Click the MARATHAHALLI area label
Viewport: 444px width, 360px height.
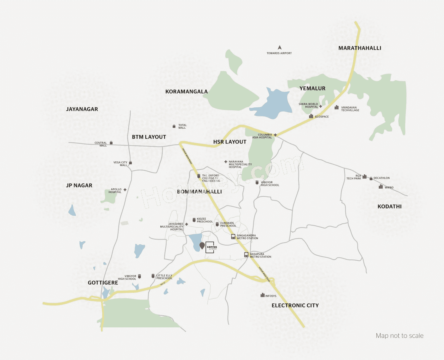360,48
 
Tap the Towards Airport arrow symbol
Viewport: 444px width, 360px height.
280,47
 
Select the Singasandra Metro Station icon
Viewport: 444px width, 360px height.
233,237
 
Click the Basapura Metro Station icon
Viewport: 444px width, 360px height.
246,255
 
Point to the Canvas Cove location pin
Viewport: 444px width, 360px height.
202,246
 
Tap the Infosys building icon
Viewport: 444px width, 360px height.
262,295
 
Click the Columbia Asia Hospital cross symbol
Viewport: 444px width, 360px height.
275,135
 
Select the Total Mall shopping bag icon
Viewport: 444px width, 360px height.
174,126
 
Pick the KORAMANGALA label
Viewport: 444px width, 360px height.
186,92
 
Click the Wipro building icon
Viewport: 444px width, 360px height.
381,187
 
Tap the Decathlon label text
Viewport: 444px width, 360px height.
381,178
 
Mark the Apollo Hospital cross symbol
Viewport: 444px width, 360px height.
125,190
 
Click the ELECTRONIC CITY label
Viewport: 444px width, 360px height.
295,305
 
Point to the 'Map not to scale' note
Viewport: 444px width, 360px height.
399,336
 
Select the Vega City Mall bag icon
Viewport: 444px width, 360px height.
130,163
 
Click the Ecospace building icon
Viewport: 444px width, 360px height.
311,116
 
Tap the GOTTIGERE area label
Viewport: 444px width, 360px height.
103,283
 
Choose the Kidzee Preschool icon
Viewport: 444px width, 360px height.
194,220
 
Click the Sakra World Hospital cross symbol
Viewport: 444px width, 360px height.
320,106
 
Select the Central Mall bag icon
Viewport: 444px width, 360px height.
111,143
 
